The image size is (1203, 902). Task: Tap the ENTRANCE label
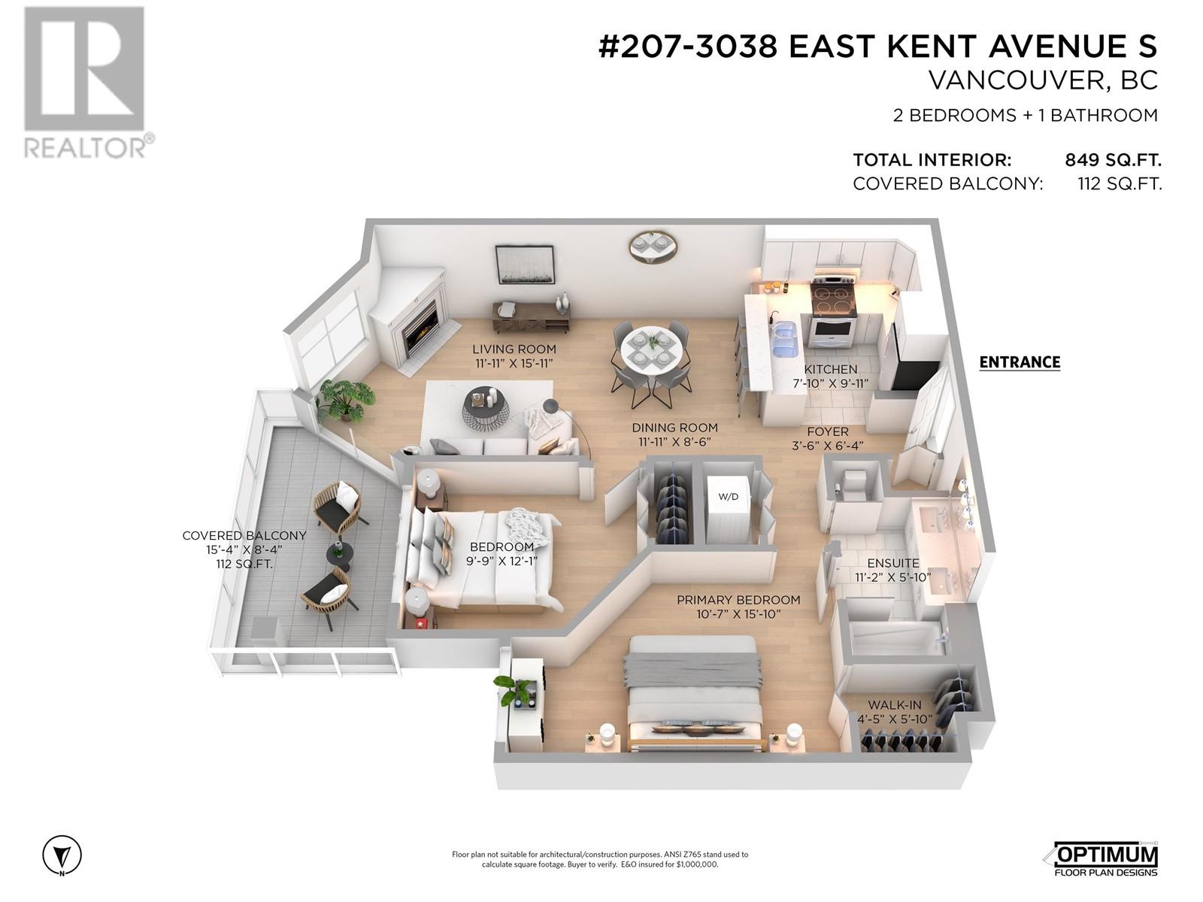click(x=1019, y=362)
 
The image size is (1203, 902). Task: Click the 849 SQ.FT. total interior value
click(x=1113, y=160)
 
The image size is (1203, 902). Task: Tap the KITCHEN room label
click(x=830, y=369)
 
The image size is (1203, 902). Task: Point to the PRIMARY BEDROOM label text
click(x=738, y=600)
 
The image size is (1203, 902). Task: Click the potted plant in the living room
click(x=345, y=398)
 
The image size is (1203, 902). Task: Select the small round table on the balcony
click(x=339, y=553)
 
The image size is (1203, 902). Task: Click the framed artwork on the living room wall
click(x=525, y=265)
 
